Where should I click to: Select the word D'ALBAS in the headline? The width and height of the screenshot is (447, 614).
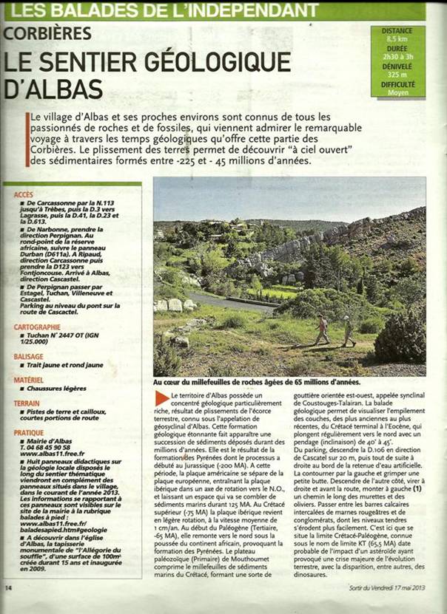coord(53,89)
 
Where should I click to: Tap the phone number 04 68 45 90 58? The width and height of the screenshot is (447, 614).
coord(46,448)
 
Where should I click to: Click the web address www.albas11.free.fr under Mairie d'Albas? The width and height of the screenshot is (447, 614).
coord(49,454)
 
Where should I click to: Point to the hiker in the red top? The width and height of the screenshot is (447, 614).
coord(322,327)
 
